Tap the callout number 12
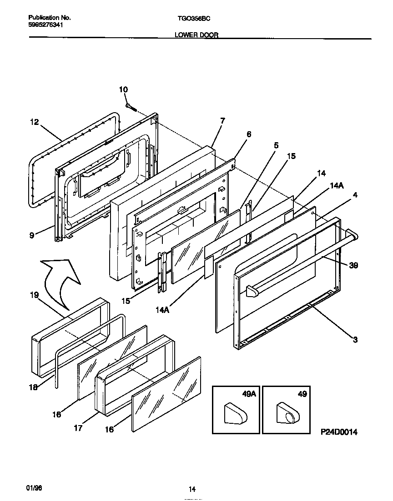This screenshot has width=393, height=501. coord(35,122)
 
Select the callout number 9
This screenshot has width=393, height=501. coord(32,235)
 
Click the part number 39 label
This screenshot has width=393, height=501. coord(353,265)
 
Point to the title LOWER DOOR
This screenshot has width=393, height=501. coord(196,35)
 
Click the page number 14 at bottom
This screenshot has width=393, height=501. coord(192,489)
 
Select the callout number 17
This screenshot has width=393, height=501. coord(78,427)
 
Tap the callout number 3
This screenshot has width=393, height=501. coord(355,339)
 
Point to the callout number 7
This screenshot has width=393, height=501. coord(222,121)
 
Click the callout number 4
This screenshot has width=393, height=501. coord(355,195)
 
